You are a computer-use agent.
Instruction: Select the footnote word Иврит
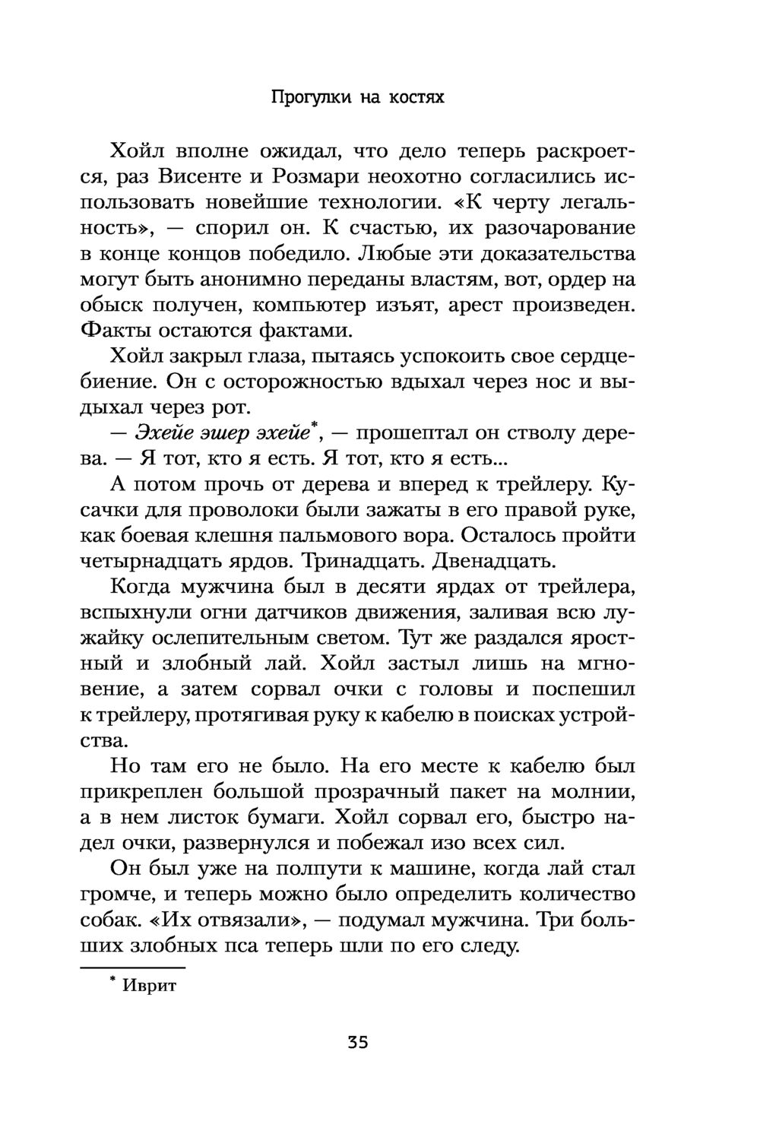149,986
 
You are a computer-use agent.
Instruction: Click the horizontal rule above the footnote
133,967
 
